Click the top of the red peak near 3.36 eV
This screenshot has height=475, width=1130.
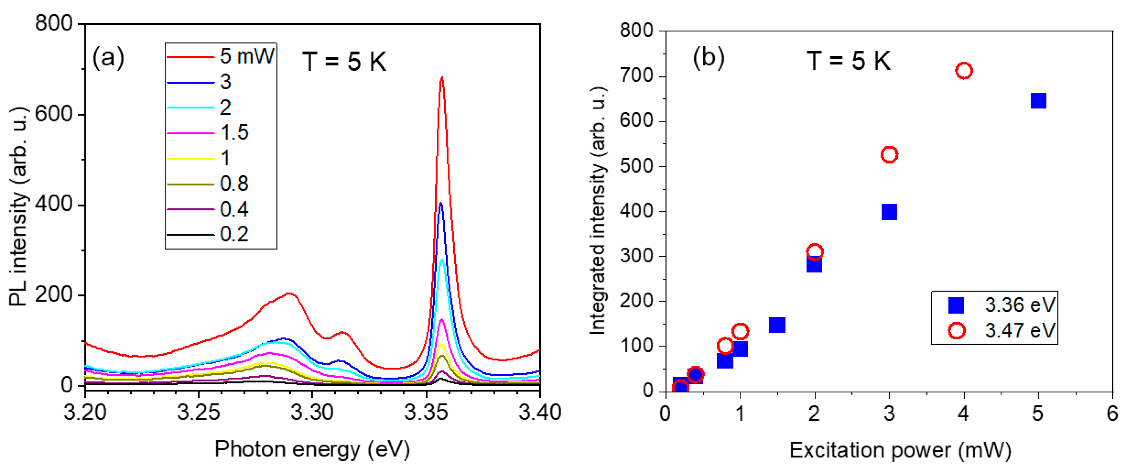(x=442, y=79)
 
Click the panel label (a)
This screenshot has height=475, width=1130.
(x=108, y=57)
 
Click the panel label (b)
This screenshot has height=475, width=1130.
(x=708, y=57)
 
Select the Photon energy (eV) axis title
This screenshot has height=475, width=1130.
(x=312, y=449)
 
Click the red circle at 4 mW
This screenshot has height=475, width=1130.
(x=964, y=70)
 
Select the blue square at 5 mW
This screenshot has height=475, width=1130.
(x=1038, y=101)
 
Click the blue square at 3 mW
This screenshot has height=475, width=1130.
(x=889, y=212)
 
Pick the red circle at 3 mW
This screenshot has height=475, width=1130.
(x=889, y=155)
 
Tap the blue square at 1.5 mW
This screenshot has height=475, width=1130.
(x=777, y=325)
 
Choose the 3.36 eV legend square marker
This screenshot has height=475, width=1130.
(x=956, y=305)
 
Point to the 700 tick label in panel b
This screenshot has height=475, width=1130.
(x=636, y=76)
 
